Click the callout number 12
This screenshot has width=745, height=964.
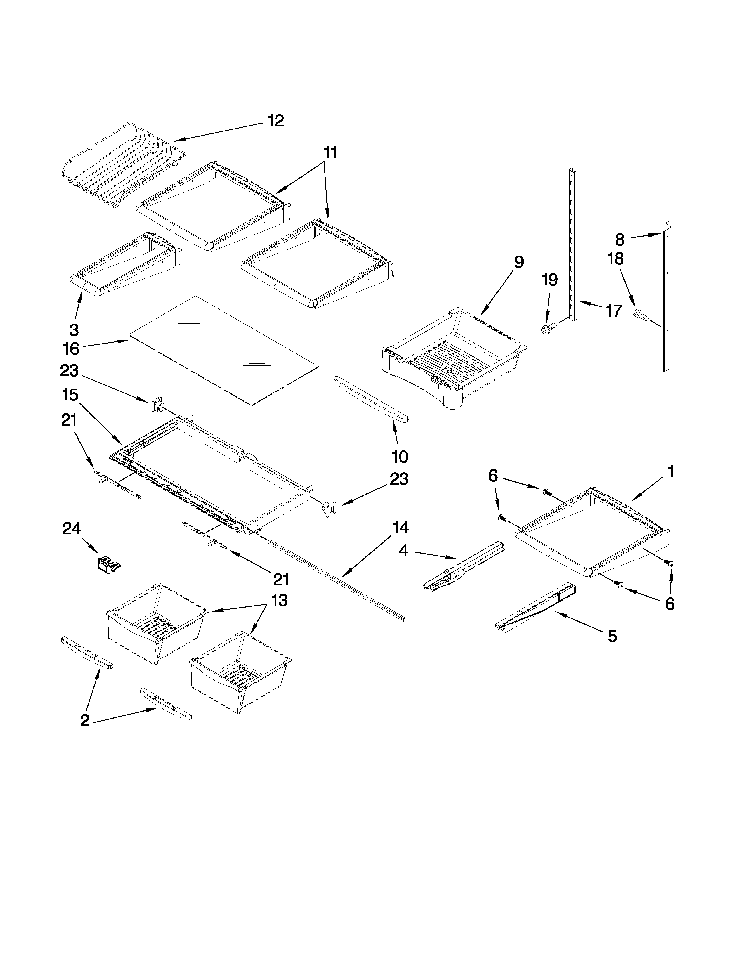tap(276, 121)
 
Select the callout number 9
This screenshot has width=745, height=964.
tap(519, 262)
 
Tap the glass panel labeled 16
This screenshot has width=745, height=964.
tap(223, 351)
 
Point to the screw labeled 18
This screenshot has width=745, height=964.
tap(641, 315)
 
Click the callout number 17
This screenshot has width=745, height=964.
tap(614, 311)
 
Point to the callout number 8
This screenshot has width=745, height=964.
tap(620, 240)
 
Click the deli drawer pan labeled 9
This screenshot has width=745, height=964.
tap(455, 358)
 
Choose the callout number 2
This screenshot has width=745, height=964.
tap(85, 721)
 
